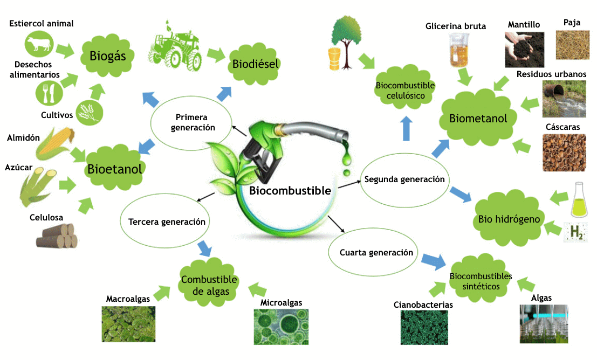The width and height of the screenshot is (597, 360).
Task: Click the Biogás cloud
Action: pos(107,56)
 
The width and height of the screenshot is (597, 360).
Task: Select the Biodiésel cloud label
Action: pos(255,64)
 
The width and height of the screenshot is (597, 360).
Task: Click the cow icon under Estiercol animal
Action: pos(39,44)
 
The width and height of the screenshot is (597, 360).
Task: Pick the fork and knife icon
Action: pos(49,93)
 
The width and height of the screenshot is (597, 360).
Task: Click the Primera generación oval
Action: pos(191,122)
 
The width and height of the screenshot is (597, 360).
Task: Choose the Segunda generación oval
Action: pos(404,179)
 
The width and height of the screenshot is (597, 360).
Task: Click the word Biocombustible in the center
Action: pos(290,191)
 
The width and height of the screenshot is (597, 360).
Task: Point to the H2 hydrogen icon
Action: pos(575,232)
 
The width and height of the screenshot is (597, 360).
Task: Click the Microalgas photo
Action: pos(281,327)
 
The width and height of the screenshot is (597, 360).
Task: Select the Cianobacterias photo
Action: pos(424,327)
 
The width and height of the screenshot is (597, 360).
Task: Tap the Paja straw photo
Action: pos(572,45)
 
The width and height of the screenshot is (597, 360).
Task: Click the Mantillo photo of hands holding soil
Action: pos(524,50)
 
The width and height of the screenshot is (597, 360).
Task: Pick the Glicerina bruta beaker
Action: pos(459,50)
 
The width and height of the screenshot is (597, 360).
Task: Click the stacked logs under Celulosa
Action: pos(57,236)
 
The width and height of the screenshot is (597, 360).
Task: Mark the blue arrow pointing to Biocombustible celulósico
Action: pos(406,128)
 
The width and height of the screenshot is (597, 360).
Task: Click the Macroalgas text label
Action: pos(128,299)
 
